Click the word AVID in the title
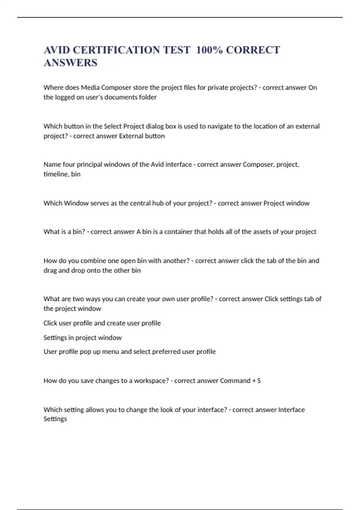point(56,50)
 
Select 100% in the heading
point(209,50)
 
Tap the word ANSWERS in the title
point(70,63)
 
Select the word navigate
point(218,126)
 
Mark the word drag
point(50,271)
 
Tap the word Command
point(235,381)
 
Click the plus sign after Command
point(254,381)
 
